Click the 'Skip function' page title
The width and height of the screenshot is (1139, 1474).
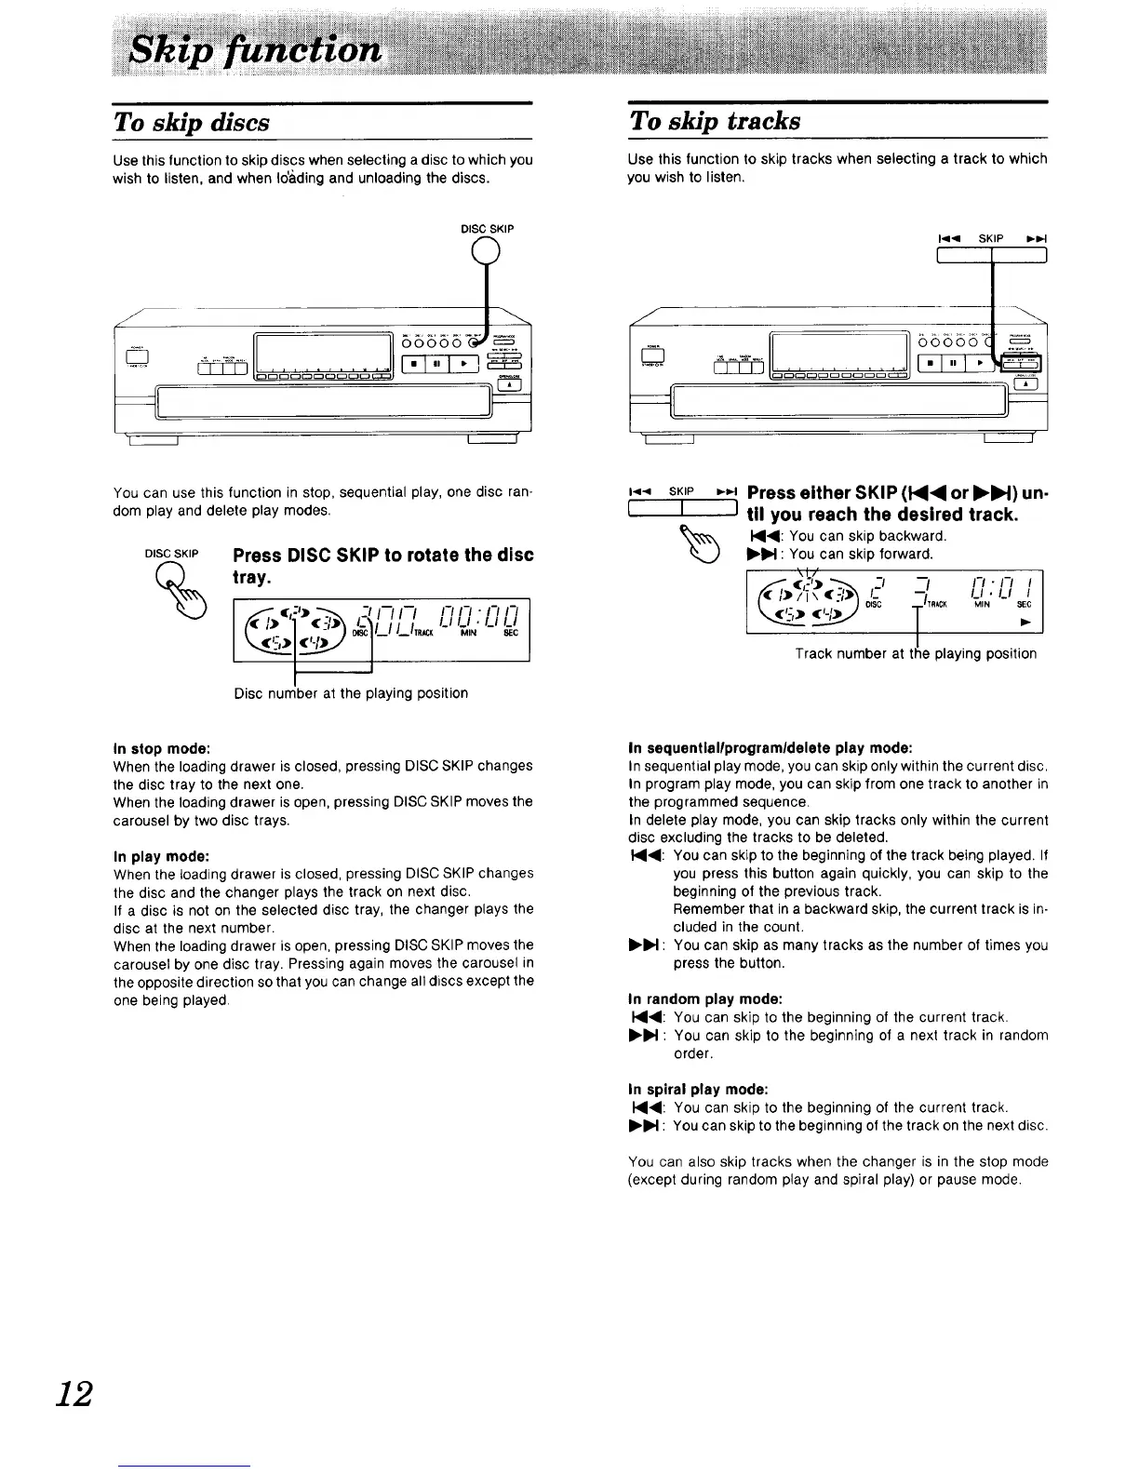coord(255,49)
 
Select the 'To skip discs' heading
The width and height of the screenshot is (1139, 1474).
coord(192,123)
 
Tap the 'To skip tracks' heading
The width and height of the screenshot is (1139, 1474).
coord(715,121)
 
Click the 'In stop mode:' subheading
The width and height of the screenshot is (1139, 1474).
coord(161,747)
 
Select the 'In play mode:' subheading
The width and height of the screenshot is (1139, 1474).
coord(160,855)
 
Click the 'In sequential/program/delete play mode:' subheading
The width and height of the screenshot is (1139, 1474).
coord(770,747)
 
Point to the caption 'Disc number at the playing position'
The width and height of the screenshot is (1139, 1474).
coord(351,693)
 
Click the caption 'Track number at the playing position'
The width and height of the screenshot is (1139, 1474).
coord(916,653)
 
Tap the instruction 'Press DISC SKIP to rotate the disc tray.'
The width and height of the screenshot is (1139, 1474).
coord(382,566)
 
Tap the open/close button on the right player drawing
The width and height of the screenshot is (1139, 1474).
coord(1026,383)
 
